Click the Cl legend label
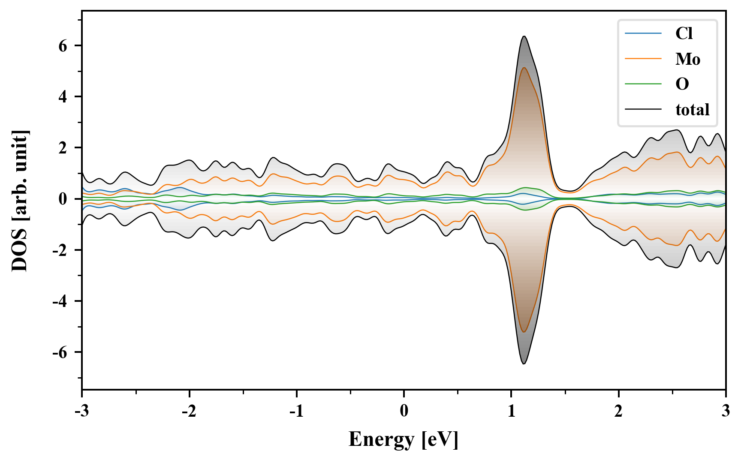(684, 33)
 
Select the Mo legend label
(688, 59)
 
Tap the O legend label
(682, 84)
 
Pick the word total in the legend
(693, 110)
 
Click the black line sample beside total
(643, 110)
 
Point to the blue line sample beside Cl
(643, 33)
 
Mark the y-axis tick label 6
(63, 46)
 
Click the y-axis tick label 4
(63, 97)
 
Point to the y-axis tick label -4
(60, 301)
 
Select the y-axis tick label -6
(60, 352)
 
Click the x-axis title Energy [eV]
(404, 439)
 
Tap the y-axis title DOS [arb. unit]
(20, 201)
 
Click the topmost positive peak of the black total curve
(524, 36)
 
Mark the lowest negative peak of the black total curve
(524, 364)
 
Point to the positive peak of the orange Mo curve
(524, 68)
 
